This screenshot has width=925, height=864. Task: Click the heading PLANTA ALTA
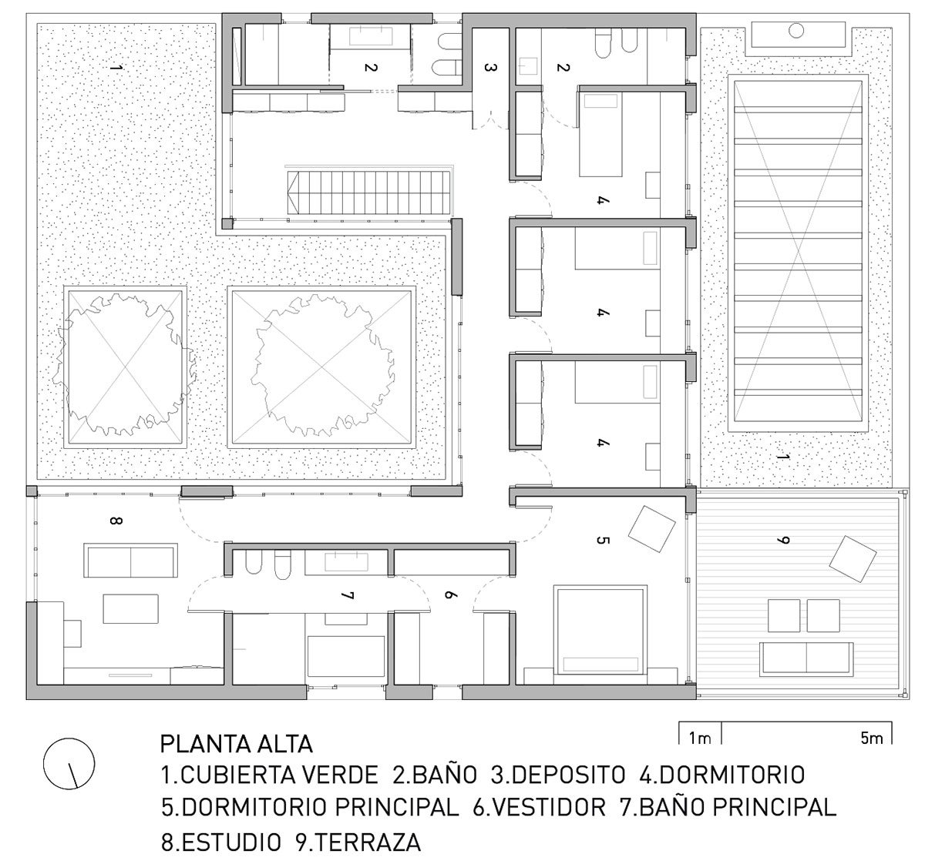tap(236, 745)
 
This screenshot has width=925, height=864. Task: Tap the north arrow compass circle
tap(69, 762)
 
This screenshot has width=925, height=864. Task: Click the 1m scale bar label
tap(700, 739)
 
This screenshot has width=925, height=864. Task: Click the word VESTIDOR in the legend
tap(548, 807)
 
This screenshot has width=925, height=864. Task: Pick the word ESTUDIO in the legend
tap(230, 842)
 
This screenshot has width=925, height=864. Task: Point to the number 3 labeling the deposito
tap(488, 68)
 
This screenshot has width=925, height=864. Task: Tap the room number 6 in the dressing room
tap(452, 595)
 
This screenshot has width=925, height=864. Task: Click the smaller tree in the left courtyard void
tap(124, 365)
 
